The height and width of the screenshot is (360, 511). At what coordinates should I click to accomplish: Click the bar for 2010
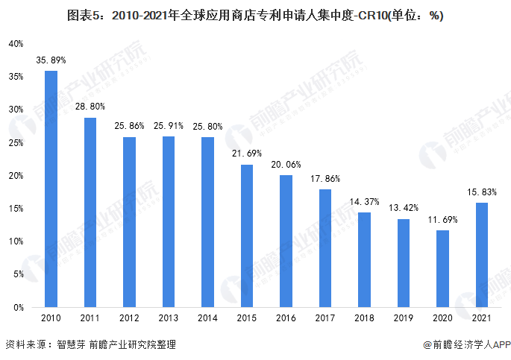[x=51, y=189]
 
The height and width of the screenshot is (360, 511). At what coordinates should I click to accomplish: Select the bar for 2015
[x=247, y=236]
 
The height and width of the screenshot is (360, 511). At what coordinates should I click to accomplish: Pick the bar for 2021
[x=481, y=255]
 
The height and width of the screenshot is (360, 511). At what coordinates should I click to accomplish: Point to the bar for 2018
[x=364, y=259]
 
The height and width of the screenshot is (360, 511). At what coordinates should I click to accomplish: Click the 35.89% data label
[x=51, y=60]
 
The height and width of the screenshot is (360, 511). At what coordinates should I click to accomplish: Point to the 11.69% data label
[x=442, y=220]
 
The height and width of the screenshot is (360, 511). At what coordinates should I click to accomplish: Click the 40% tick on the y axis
[x=16, y=44]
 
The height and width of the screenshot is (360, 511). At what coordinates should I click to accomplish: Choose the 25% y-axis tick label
[x=16, y=142]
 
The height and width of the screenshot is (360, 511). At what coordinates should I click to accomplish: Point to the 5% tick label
[x=19, y=274]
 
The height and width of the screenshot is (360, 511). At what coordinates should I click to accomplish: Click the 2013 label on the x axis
[x=169, y=319]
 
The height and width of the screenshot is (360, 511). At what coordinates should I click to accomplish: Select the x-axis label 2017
[x=325, y=319]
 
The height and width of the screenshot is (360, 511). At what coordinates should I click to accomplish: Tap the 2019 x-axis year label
[x=404, y=319]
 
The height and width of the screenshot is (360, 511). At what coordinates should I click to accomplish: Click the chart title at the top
[x=255, y=14]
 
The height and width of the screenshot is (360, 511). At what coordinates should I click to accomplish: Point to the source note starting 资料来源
[x=90, y=345]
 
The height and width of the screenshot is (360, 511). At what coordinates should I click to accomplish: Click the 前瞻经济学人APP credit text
[x=466, y=345]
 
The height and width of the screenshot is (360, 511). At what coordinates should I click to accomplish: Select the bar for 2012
[x=130, y=222]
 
